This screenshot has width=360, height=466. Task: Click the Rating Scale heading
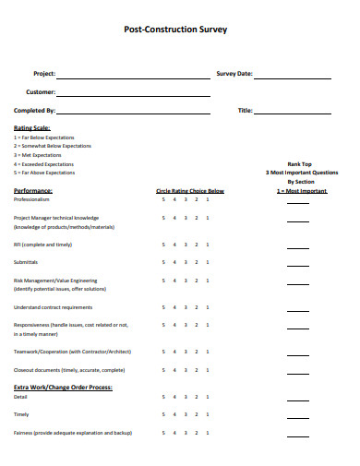tap(32, 127)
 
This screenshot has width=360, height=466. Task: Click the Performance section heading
tap(33, 190)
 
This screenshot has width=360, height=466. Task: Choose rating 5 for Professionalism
tap(163, 199)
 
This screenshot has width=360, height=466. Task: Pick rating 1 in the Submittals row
tap(208, 262)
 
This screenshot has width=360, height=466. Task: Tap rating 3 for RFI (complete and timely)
tap(186, 245)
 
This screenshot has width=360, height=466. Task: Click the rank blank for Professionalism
tap(298, 201)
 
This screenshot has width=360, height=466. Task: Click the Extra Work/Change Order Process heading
tap(63, 387)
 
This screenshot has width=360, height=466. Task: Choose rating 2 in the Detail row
tap(197, 396)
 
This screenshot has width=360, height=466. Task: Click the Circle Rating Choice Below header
tap(190, 190)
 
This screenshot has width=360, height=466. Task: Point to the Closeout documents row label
tap(69, 369)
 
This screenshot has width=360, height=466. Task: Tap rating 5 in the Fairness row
tap(163, 432)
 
